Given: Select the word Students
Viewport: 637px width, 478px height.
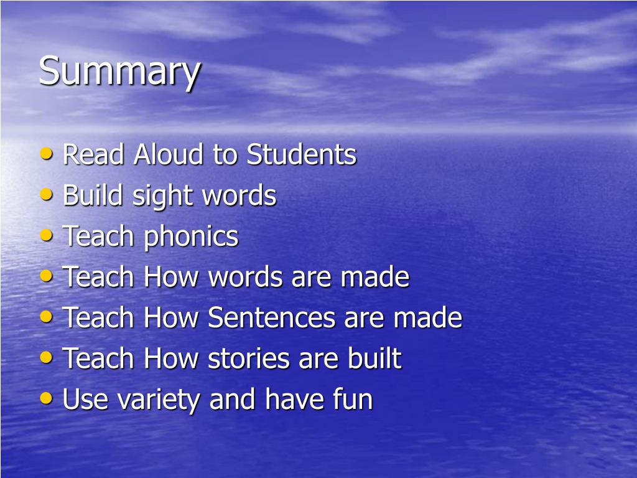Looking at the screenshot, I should pos(301,154).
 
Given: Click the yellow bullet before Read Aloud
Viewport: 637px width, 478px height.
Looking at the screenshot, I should pos(47,154).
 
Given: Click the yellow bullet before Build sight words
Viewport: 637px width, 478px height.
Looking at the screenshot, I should pos(47,195).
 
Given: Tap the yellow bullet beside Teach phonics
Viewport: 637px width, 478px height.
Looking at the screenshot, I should pos(47,235).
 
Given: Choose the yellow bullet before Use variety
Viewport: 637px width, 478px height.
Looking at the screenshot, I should pos(47,398).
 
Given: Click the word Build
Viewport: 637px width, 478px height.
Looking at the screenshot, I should pos(92,195).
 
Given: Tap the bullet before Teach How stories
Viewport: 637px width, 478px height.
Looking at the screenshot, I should pos(47,357).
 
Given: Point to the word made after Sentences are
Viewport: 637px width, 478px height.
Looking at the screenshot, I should pos(427,317).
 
